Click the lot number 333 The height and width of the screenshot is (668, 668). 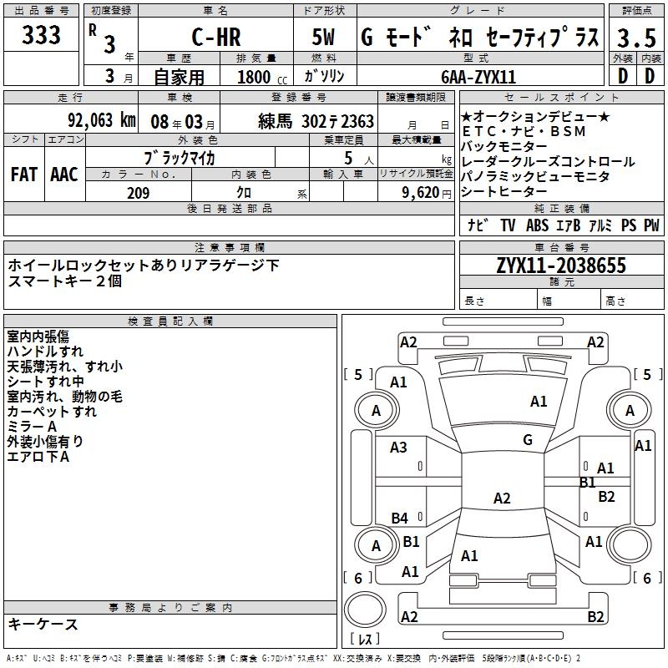(x=41, y=36)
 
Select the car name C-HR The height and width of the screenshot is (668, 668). (x=215, y=38)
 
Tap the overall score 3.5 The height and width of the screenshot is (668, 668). (x=636, y=38)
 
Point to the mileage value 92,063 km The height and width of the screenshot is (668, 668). (x=101, y=120)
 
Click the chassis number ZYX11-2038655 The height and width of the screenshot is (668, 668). (x=560, y=266)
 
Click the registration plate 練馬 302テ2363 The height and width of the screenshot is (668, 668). (x=316, y=121)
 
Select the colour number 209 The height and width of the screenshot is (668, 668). (x=138, y=193)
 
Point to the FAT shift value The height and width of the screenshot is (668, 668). (x=24, y=175)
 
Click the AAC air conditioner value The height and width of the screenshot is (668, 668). (x=64, y=175)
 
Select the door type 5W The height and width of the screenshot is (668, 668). (x=325, y=38)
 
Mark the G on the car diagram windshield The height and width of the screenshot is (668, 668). (x=528, y=439)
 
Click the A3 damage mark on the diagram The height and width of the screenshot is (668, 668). (x=399, y=447)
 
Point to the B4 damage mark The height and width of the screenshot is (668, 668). (x=400, y=518)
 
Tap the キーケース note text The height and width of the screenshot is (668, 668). (x=43, y=624)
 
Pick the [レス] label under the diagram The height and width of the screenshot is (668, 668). (x=365, y=640)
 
